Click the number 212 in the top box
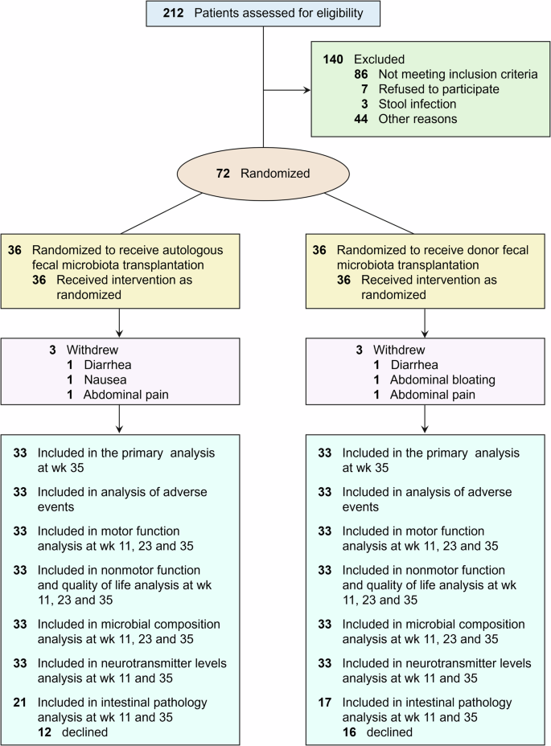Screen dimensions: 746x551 (175, 13)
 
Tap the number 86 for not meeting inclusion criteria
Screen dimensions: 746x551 (361, 74)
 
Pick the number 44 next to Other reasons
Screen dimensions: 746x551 (361, 119)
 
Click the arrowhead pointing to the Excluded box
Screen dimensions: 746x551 (306, 89)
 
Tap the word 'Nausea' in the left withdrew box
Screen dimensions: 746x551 (102, 380)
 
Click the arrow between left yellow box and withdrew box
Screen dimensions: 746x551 (119, 322)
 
